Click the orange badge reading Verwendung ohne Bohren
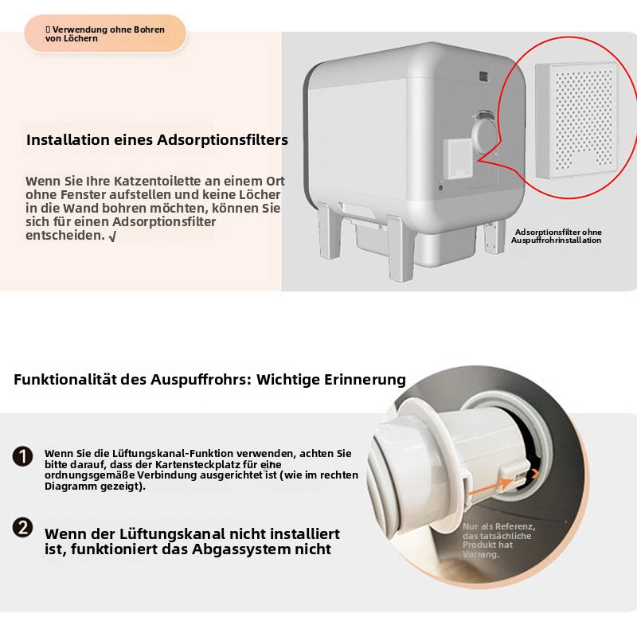[104, 34]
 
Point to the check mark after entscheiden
[111, 236]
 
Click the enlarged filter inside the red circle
[576, 119]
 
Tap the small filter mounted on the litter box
[457, 158]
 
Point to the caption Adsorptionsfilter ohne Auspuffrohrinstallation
[557, 236]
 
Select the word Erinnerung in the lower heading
[364, 380]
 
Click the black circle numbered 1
[22, 456]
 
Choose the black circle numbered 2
[22, 527]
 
